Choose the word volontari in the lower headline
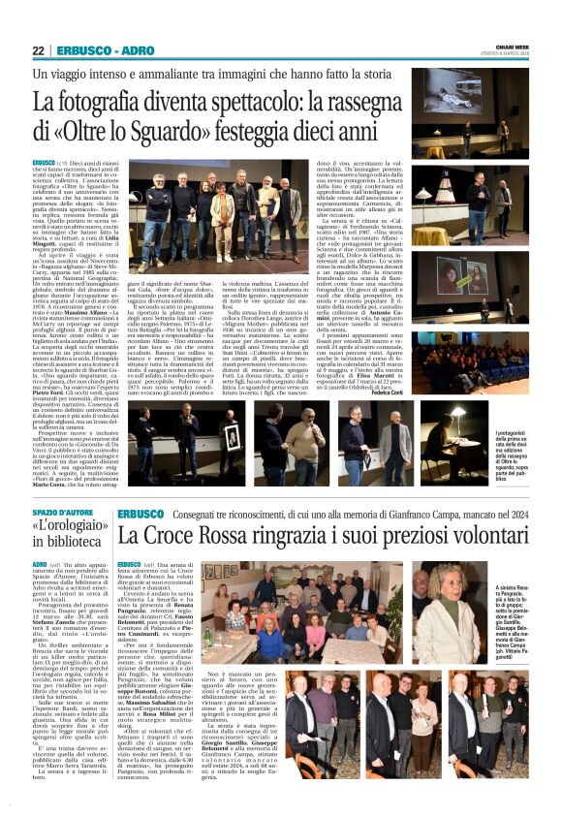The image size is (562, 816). click(x=464, y=536)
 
